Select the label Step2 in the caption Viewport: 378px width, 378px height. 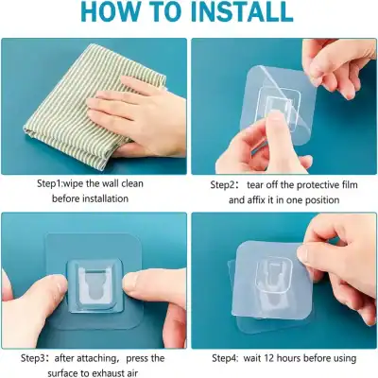[x=227, y=183]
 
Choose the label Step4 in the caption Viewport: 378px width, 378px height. [x=229, y=358]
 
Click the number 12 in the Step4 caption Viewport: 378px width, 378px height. [x=288, y=358]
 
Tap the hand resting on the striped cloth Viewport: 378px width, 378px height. [x=132, y=109]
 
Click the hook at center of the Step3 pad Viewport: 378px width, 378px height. [x=94, y=283]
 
